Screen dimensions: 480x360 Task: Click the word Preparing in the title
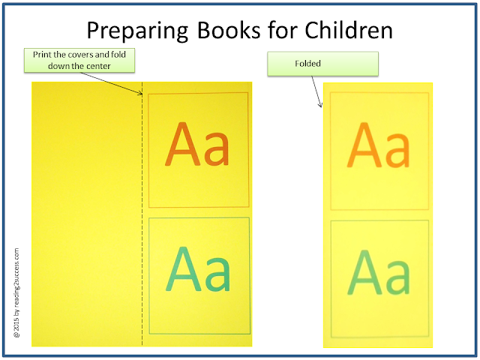(137, 31)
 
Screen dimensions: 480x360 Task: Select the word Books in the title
(228, 30)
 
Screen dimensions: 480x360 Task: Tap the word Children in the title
(348, 30)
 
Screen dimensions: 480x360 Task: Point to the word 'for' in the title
(282, 30)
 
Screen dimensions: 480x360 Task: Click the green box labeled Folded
(322, 64)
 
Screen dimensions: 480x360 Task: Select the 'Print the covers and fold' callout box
(79, 60)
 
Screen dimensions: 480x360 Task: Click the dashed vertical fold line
(142, 214)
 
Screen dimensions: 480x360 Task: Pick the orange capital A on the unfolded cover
(183, 144)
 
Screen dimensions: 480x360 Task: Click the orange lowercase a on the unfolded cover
(217, 148)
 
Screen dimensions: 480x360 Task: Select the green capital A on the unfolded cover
(184, 268)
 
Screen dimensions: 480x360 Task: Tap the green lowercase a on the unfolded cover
(217, 274)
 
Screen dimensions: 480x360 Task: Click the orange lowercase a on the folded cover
(397, 150)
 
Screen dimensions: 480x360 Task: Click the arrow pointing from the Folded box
(316, 91)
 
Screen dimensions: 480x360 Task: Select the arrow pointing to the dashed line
(112, 83)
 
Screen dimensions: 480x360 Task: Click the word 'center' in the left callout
(99, 66)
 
